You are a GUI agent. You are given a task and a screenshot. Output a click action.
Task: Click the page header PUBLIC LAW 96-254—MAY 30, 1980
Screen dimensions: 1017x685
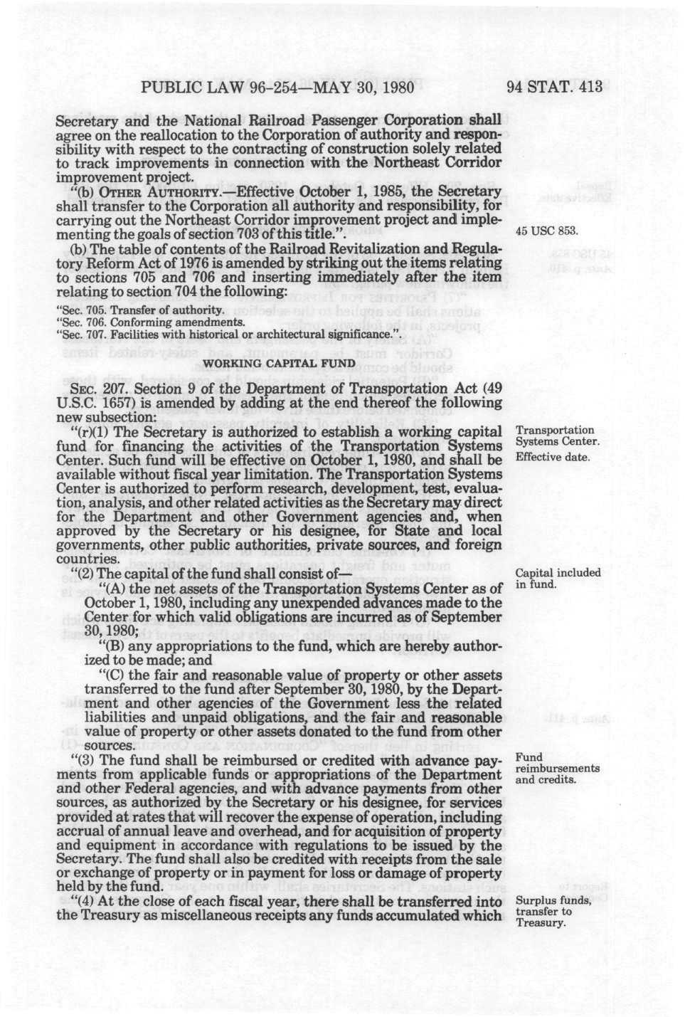tap(277, 88)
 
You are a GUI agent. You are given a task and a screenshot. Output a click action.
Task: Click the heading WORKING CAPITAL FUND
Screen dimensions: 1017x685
tap(280, 364)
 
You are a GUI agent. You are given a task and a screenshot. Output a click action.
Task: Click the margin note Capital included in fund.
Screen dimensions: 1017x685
tap(557, 579)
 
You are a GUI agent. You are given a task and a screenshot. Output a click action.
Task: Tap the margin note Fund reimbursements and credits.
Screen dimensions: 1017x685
tap(557, 768)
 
